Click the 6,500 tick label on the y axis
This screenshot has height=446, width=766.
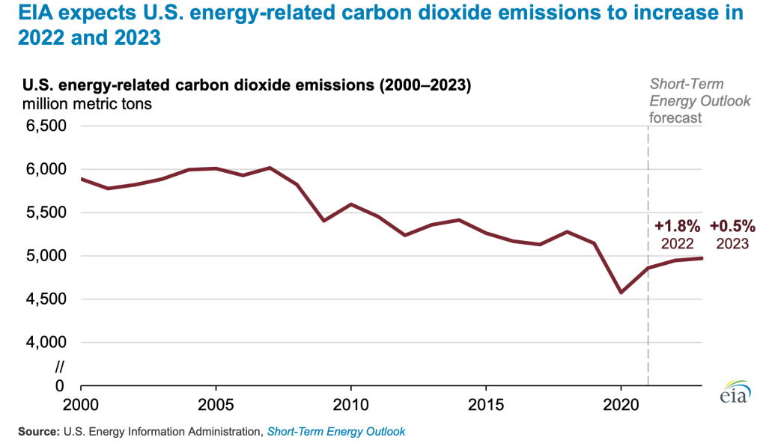46,126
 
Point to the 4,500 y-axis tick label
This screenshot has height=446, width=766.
46,299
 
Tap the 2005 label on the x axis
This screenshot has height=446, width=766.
216,404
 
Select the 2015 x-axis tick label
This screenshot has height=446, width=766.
486,404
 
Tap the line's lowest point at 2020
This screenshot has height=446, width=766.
621,293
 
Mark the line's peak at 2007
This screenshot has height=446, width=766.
270,168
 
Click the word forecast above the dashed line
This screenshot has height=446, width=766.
675,117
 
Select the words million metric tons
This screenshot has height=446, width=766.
87,104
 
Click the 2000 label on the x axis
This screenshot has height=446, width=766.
80,404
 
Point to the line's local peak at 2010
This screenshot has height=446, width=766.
350,204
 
